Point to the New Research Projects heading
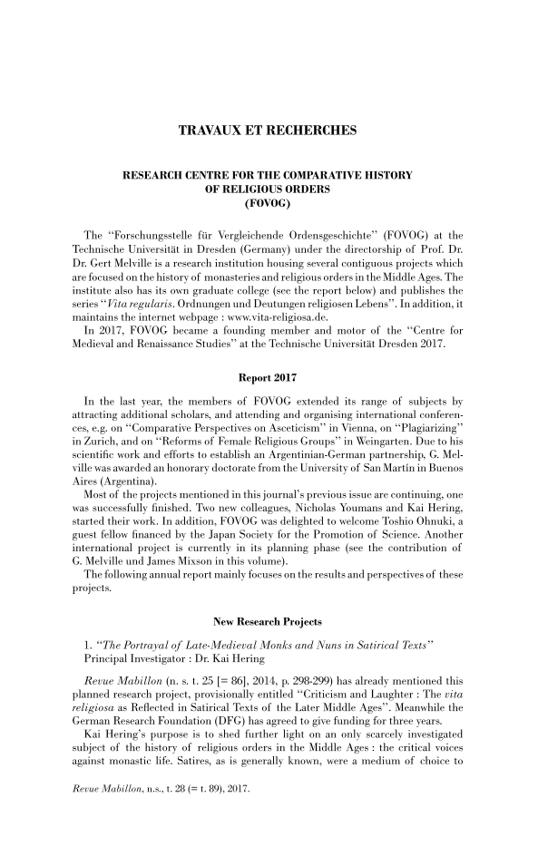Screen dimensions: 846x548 point(273,598)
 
